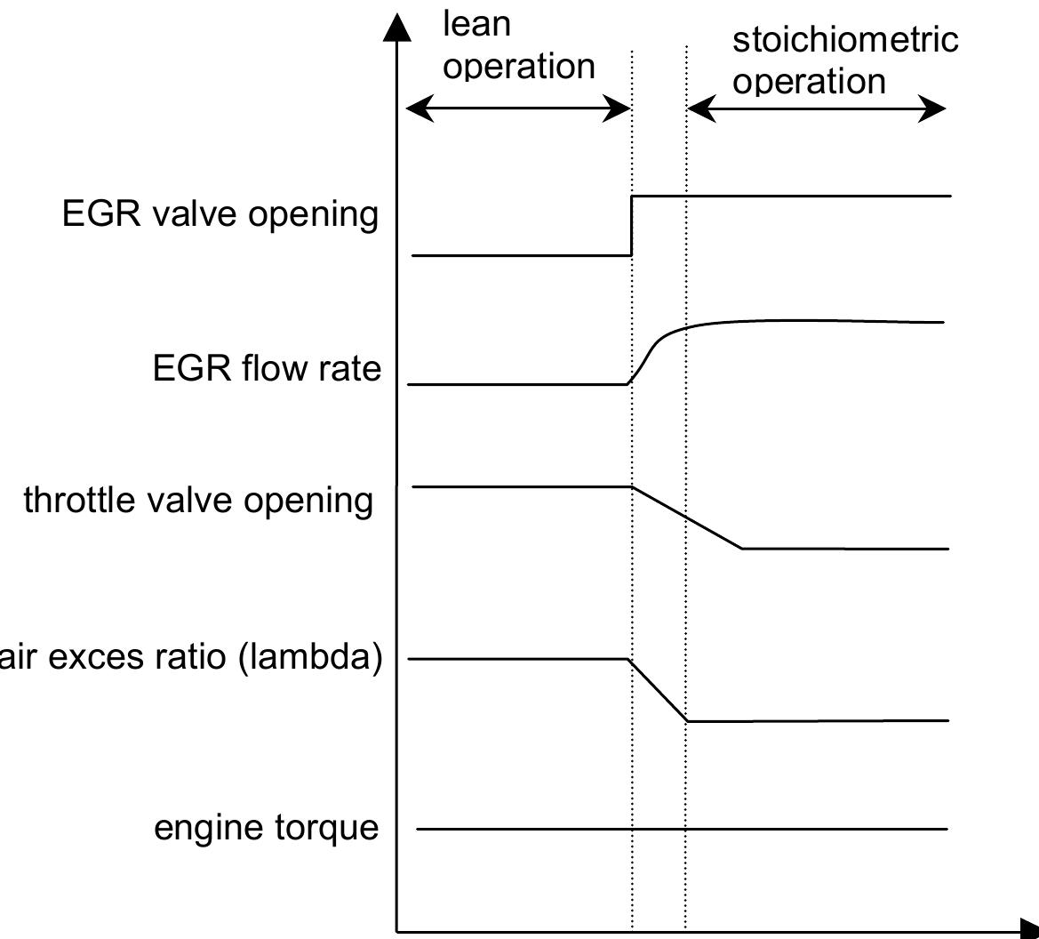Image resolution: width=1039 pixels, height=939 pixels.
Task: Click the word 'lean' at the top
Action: (476, 25)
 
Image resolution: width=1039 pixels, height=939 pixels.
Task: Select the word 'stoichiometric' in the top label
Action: (844, 40)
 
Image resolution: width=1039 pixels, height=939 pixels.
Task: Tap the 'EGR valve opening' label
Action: (220, 215)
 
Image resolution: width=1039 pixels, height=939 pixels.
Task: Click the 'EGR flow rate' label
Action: (267, 368)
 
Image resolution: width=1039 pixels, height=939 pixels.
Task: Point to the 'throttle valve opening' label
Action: (198, 500)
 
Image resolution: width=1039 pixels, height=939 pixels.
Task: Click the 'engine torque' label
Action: (266, 828)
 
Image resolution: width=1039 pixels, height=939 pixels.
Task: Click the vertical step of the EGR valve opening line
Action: (631, 225)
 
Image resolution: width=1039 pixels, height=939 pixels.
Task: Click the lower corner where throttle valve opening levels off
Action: (741, 549)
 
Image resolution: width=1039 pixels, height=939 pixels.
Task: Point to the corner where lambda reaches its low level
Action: (687, 720)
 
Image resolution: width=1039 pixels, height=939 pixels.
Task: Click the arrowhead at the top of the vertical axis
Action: (398, 26)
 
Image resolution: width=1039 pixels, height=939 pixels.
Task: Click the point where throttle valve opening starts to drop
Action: (631, 487)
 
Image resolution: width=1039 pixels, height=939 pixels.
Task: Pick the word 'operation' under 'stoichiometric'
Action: (809, 82)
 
